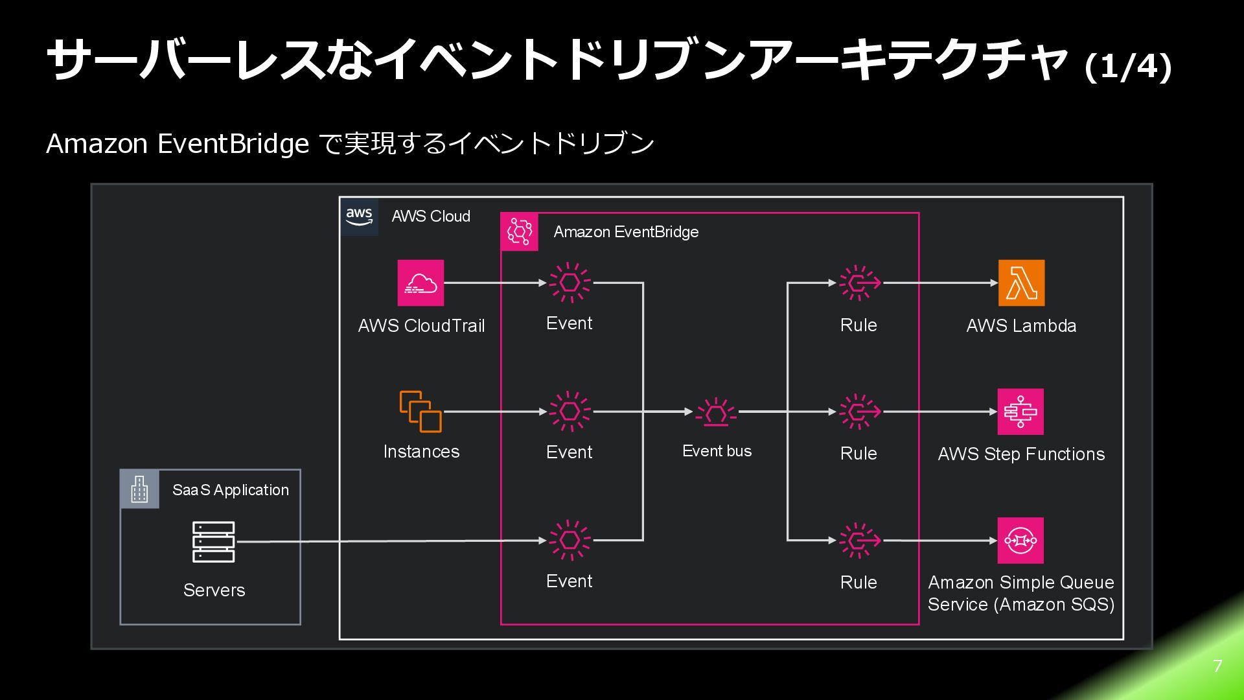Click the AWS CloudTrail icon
tap(420, 283)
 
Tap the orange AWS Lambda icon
tap(1021, 283)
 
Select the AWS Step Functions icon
tap(1020, 412)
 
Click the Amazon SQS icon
tap(1020, 541)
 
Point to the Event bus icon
tap(716, 412)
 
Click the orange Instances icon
tap(420, 412)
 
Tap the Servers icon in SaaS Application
tap(214, 542)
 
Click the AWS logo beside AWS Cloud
tap(359, 216)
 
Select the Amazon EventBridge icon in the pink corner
tap(520, 231)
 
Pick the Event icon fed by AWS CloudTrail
tap(570, 283)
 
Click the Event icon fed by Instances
tap(570, 412)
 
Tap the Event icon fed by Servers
tap(570, 540)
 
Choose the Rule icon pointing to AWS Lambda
tap(860, 283)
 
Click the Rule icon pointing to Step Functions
tap(860, 412)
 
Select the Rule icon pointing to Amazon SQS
tap(860, 540)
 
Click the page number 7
tap(1217, 666)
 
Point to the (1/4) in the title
tap(1128, 66)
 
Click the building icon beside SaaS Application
tap(139, 489)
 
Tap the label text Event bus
tap(717, 451)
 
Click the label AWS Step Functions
tap(1021, 454)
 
